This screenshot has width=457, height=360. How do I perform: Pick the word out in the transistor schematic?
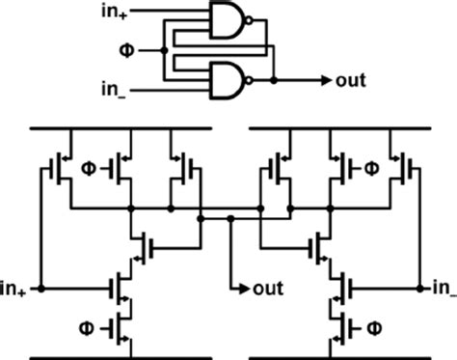click(266, 288)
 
